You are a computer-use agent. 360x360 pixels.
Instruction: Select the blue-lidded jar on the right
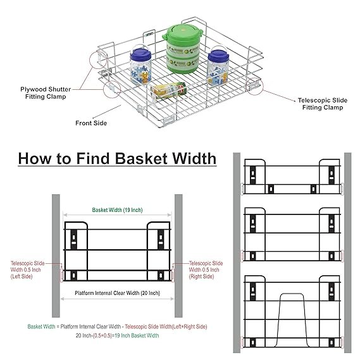pos(217,65)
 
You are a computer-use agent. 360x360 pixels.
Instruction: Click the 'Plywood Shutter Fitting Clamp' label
pos(42,92)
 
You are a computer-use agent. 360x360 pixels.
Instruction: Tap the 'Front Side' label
pos(90,123)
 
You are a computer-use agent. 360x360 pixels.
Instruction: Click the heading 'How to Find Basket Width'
pos(116,158)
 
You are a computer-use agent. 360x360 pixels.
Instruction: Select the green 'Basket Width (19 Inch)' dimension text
pos(117,209)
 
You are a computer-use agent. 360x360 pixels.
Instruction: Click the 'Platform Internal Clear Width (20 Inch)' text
pos(117,293)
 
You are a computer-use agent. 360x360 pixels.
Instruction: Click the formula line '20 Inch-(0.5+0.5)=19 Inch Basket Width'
pos(117,336)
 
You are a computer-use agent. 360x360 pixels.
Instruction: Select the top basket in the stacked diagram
pos(292,178)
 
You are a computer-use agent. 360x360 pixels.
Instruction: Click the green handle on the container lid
pos(183,30)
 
